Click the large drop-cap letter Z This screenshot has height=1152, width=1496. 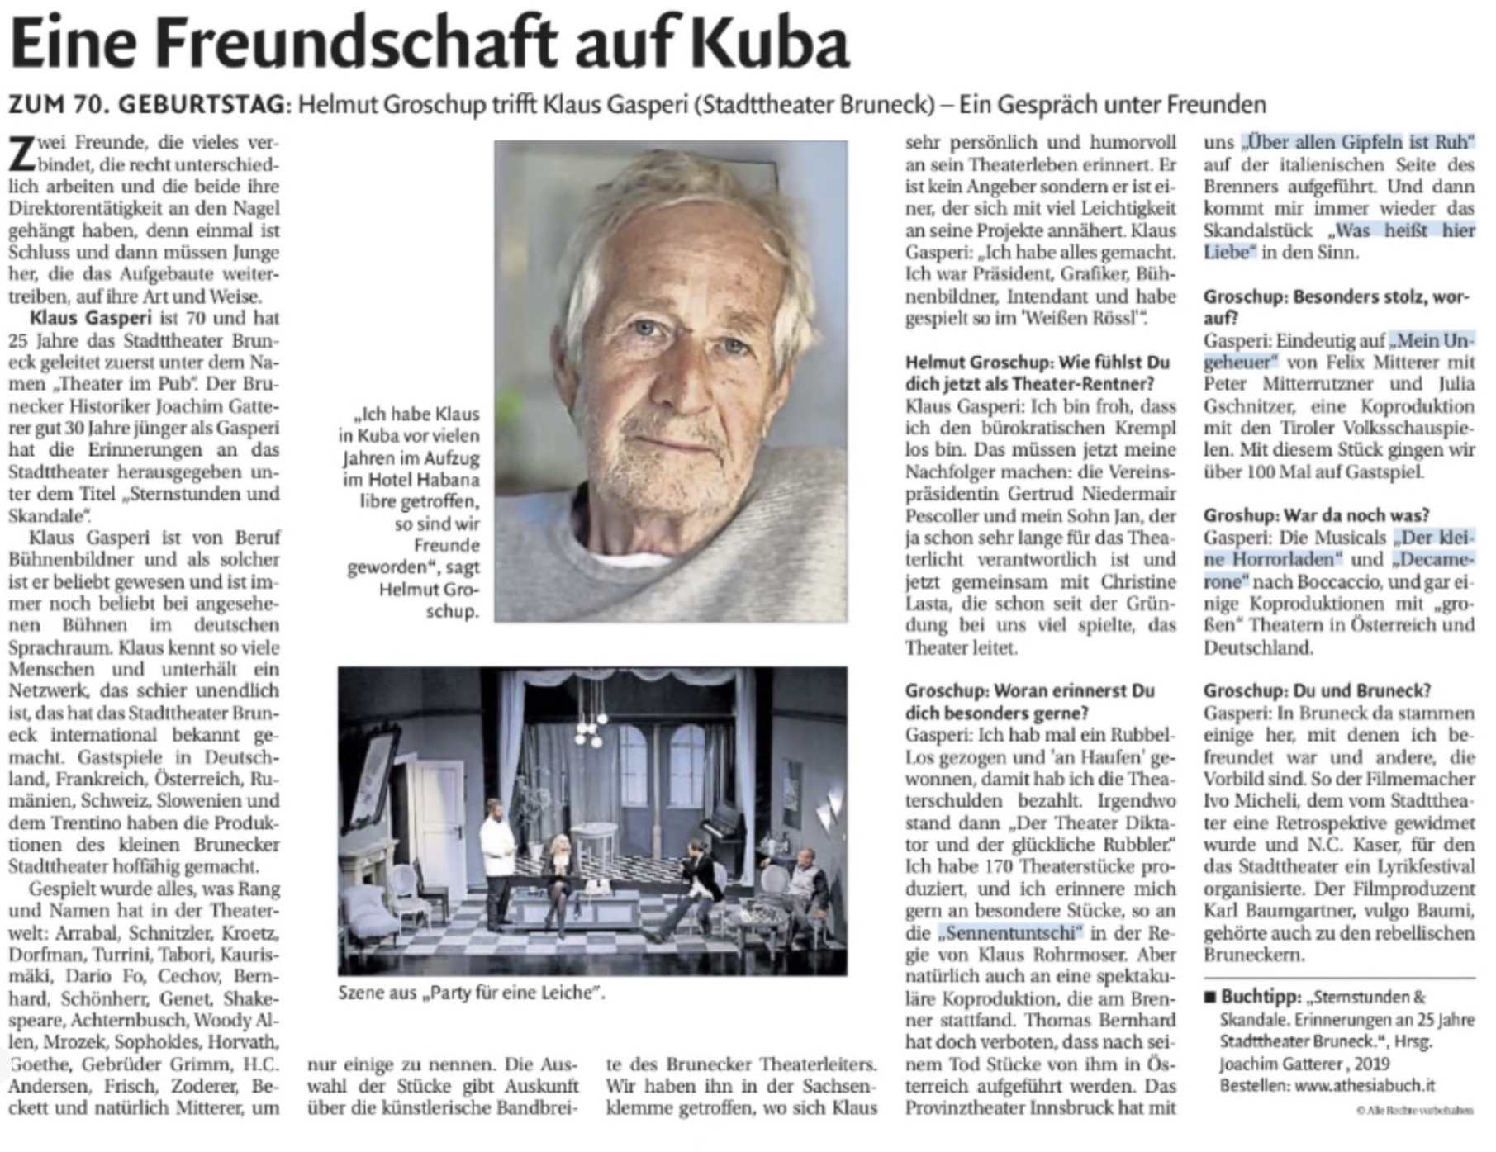[22, 154]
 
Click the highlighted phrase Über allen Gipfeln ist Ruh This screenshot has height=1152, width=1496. [1360, 142]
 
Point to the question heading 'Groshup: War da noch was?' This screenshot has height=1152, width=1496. [1316, 515]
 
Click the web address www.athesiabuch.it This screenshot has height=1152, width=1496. [1365, 1085]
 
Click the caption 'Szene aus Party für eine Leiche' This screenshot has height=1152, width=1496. [471, 993]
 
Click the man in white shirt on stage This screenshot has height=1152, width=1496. [498, 859]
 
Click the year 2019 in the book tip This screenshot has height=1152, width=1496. [1372, 1064]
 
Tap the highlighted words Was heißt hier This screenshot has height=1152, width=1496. [1404, 230]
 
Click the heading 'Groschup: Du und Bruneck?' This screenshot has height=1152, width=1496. [1317, 690]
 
